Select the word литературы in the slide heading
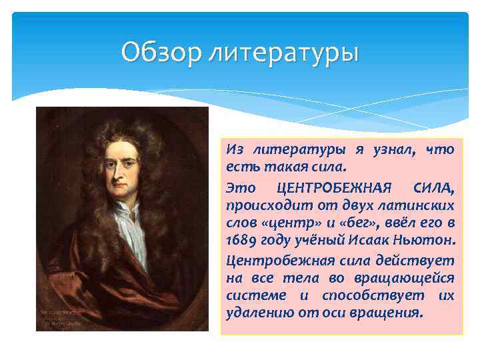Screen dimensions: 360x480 (284, 53)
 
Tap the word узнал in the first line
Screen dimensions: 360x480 (382, 151)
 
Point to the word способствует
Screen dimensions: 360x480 (362, 295)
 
